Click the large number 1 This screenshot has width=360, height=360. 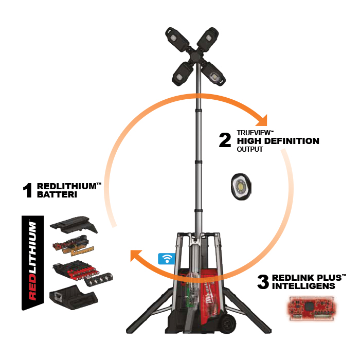click(x=28, y=190)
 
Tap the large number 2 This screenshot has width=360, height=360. click(x=225, y=140)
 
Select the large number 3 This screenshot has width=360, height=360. click(x=263, y=282)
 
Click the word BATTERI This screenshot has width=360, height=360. click(x=57, y=195)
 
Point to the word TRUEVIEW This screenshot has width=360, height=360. click(x=254, y=133)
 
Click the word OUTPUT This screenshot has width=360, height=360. click(x=250, y=149)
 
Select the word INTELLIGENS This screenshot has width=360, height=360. click(x=303, y=286)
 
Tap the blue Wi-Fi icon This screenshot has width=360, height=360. click(x=167, y=259)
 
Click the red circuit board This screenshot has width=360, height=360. click(x=312, y=308)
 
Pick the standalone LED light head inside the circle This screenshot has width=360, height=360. click(x=241, y=187)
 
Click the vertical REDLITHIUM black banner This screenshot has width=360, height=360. click(x=32, y=263)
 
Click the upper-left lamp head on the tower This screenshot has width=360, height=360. click(x=177, y=39)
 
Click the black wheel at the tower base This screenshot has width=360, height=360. click(x=227, y=323)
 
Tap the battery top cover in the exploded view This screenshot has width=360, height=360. click(x=74, y=225)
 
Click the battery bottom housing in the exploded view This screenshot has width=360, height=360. click(x=74, y=297)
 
